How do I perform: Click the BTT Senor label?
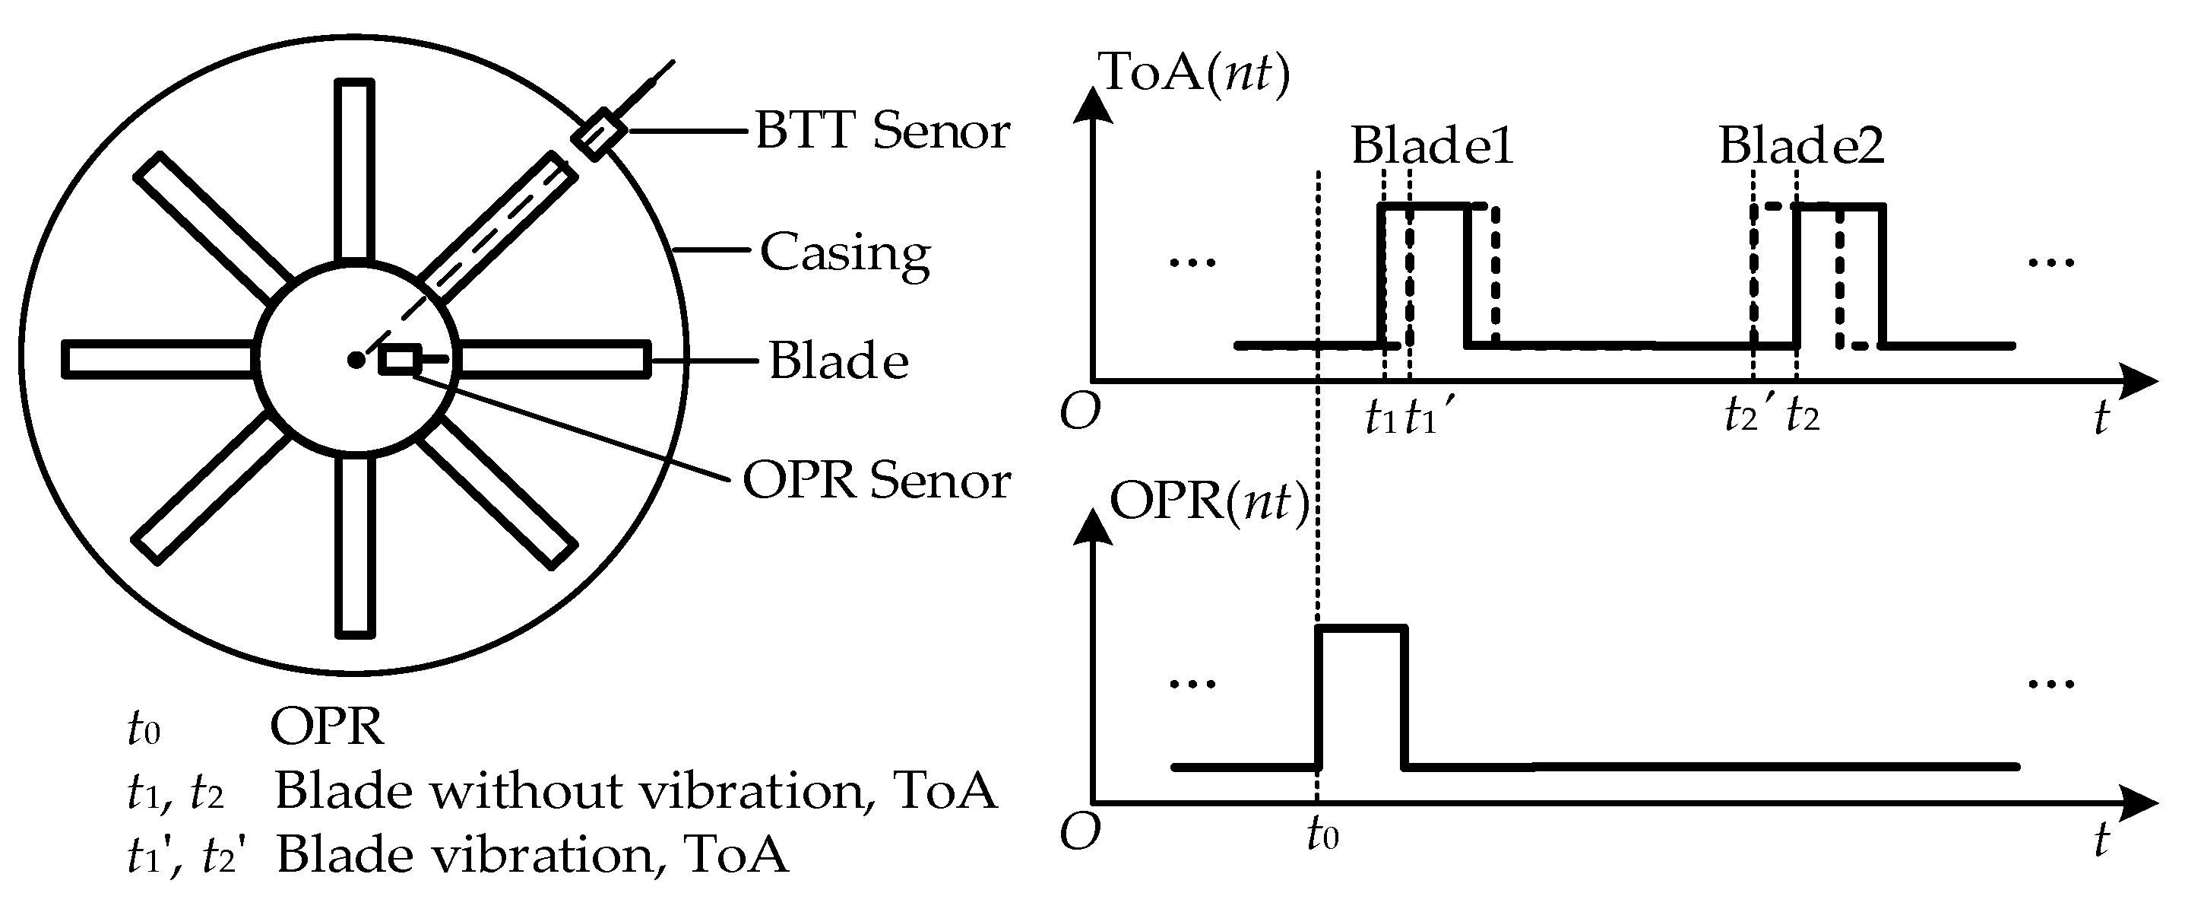(x=882, y=132)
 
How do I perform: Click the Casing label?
(x=845, y=253)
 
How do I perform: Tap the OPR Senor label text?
(x=876, y=481)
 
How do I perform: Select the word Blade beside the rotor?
(x=838, y=361)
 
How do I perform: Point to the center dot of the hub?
(x=356, y=361)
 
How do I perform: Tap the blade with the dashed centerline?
(x=500, y=226)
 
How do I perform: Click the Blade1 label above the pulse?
(x=1432, y=146)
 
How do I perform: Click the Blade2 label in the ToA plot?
(x=1800, y=146)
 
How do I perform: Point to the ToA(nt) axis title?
(x=1194, y=72)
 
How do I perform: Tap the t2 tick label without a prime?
(x=1803, y=416)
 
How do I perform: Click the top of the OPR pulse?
(x=1361, y=628)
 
